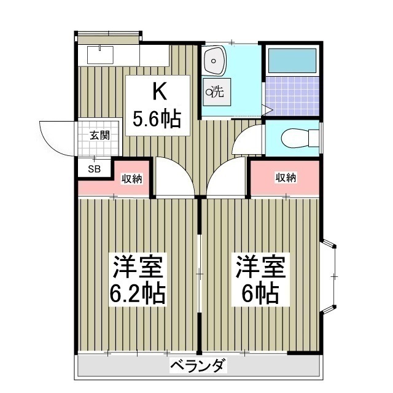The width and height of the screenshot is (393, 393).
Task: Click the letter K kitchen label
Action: point(158,92)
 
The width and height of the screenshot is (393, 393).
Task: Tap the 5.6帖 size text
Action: point(157,118)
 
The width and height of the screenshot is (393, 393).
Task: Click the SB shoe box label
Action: point(95,168)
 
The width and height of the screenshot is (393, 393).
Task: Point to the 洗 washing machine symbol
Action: point(217,92)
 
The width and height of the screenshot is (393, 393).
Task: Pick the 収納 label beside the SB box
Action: point(131,179)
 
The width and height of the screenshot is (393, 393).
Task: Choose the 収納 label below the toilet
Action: point(286,178)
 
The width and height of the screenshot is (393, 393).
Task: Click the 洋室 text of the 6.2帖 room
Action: point(137,268)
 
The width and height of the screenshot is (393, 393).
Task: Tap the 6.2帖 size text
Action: point(137,294)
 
